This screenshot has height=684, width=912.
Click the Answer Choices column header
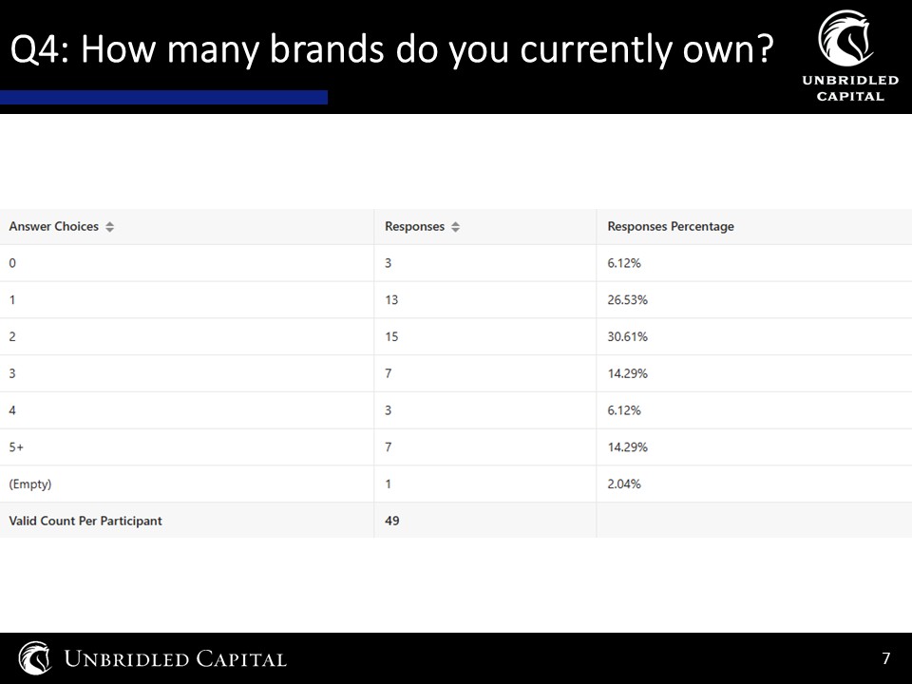[x=53, y=226]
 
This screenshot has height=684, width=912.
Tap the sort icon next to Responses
[x=455, y=227]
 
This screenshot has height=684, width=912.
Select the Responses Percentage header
[x=671, y=226]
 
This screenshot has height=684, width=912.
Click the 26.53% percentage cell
[x=628, y=300]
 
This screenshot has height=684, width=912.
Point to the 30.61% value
[x=628, y=336]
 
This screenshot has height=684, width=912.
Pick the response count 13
[x=391, y=300]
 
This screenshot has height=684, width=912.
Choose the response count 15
[x=391, y=336]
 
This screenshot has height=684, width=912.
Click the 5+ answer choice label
[x=16, y=447]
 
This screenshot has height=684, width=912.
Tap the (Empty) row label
[x=30, y=484]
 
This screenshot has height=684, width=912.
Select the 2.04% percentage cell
[x=624, y=484]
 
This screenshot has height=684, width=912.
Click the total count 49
[x=392, y=521]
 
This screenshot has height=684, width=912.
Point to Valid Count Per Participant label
[x=85, y=521]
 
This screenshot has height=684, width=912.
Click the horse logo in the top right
[x=845, y=38]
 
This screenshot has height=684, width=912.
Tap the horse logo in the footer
[x=35, y=657]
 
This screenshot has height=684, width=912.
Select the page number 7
[x=885, y=657]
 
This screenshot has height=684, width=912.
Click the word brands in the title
[x=327, y=48]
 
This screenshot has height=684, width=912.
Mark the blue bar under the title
[x=163, y=97]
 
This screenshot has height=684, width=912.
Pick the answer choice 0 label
[x=12, y=263]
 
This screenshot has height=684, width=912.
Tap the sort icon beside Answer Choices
[x=110, y=227]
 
